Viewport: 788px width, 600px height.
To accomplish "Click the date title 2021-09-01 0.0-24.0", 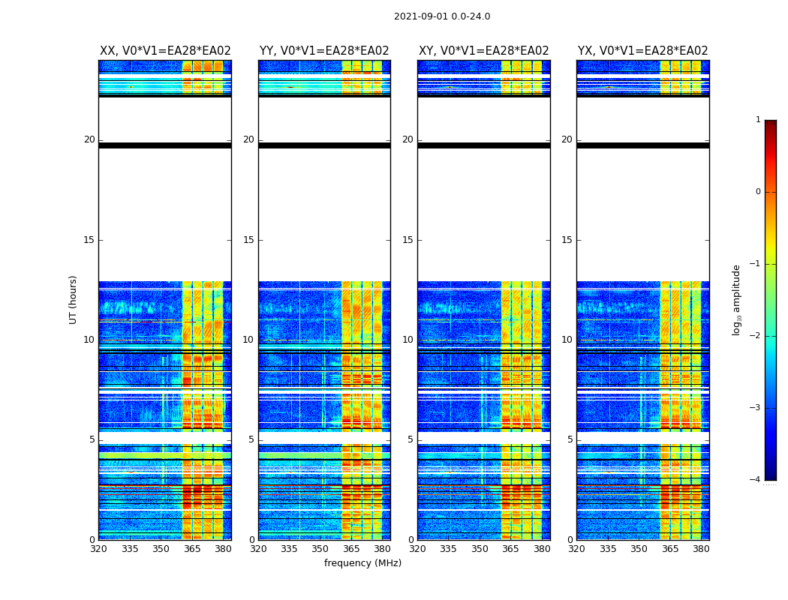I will point(442,16).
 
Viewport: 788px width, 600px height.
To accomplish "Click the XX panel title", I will point(165,51).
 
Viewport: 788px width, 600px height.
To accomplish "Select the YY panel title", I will point(324,51).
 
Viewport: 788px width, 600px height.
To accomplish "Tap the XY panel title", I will point(483,51).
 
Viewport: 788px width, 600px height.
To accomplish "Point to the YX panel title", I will point(642,51).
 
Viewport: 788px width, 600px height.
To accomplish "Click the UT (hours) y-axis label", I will point(74,299).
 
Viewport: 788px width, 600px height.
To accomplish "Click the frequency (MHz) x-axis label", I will point(362,563).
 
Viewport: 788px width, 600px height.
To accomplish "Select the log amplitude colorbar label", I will point(737,299).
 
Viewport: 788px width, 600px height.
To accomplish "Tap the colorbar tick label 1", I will point(757,120).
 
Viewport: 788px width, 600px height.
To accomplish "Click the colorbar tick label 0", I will point(757,192).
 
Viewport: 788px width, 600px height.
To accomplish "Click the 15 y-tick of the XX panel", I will point(89,240).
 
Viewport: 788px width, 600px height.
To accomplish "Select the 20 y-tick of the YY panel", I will point(248,139).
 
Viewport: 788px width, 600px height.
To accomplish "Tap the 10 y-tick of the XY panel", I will point(408,340).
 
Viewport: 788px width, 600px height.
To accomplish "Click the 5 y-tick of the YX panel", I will point(570,439).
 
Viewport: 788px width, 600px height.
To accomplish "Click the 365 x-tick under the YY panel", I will point(351,549).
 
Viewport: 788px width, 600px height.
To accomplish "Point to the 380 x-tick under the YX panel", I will point(701,549).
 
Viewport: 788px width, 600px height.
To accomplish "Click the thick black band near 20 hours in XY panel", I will point(483,145).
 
